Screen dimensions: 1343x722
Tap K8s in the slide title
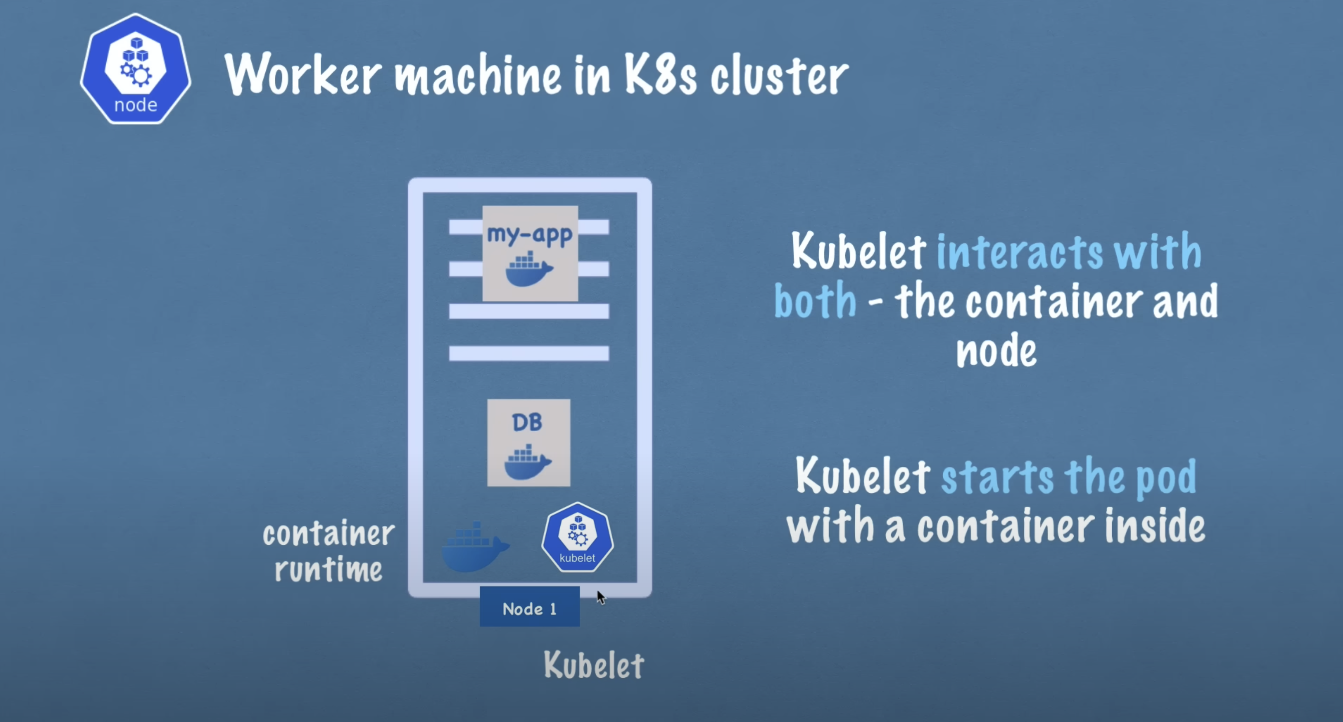point(660,75)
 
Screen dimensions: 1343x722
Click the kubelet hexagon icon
point(577,537)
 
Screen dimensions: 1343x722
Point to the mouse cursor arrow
point(600,597)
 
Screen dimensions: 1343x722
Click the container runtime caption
point(328,551)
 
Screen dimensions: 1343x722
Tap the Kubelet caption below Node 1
point(594,665)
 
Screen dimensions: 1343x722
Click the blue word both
point(815,301)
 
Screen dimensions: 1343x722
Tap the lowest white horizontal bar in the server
point(529,353)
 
